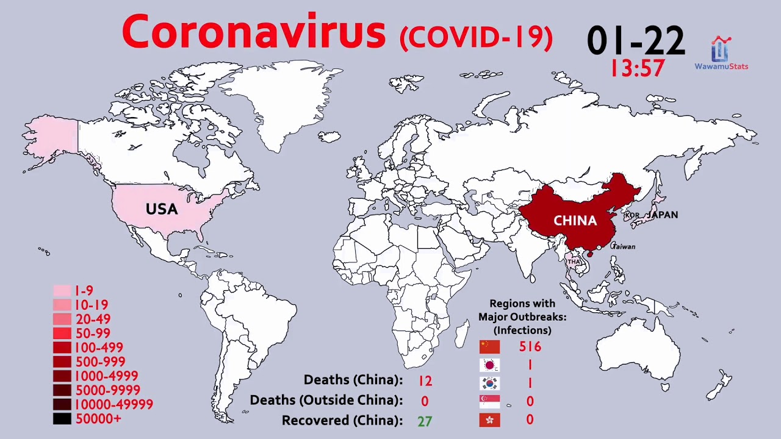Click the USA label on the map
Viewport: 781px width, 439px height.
(162, 209)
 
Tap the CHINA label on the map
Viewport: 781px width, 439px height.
(575, 221)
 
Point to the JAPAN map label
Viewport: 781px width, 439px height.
(663, 215)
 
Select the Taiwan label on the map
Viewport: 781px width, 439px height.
(624, 247)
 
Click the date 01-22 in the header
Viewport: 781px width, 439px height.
(636, 41)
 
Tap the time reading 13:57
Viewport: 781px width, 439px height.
(638, 68)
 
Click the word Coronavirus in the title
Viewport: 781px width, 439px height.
(254, 33)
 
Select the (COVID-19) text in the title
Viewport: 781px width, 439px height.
(476, 37)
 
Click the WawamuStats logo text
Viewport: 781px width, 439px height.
(721, 66)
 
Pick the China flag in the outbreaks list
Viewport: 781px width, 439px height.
(489, 347)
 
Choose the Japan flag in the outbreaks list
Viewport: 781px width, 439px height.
(489, 365)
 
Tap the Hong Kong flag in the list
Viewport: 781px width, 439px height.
(489, 419)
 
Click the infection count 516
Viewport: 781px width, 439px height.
(530, 347)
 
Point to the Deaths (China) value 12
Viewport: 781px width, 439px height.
(425, 381)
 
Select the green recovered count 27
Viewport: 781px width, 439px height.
(425, 421)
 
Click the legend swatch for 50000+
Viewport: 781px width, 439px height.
(62, 419)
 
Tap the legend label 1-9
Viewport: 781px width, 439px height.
(84, 291)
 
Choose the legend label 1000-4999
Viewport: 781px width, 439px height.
(106, 376)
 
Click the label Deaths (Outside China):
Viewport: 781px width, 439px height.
(326, 401)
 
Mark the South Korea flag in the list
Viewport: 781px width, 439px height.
(489, 384)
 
